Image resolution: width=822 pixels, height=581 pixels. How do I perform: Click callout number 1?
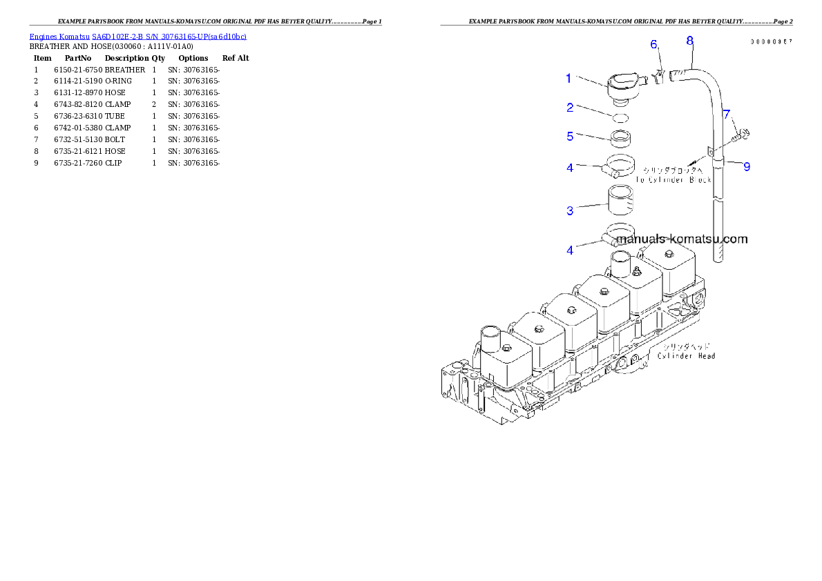(x=568, y=79)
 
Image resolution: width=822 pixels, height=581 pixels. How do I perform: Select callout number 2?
(x=570, y=108)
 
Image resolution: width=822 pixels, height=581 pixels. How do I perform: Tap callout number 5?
(x=570, y=137)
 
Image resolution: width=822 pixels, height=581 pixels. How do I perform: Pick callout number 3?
(x=570, y=210)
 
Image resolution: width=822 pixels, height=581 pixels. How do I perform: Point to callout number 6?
(x=653, y=45)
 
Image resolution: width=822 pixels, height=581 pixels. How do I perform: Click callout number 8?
(x=689, y=40)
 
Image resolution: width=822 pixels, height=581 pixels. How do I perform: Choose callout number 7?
(x=727, y=114)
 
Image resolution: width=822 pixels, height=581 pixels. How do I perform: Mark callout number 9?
(x=747, y=166)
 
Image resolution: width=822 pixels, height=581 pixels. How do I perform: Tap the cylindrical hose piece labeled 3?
(x=621, y=200)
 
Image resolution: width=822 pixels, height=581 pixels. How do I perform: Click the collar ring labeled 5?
(x=621, y=138)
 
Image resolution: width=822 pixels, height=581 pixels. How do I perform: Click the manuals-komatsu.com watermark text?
(x=681, y=239)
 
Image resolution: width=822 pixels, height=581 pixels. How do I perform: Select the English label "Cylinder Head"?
(x=686, y=356)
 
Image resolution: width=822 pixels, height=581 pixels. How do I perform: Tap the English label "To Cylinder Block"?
(x=673, y=180)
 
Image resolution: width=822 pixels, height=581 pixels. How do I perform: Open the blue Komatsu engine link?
(x=137, y=37)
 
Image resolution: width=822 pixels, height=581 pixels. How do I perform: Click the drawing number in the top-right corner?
(x=772, y=42)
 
